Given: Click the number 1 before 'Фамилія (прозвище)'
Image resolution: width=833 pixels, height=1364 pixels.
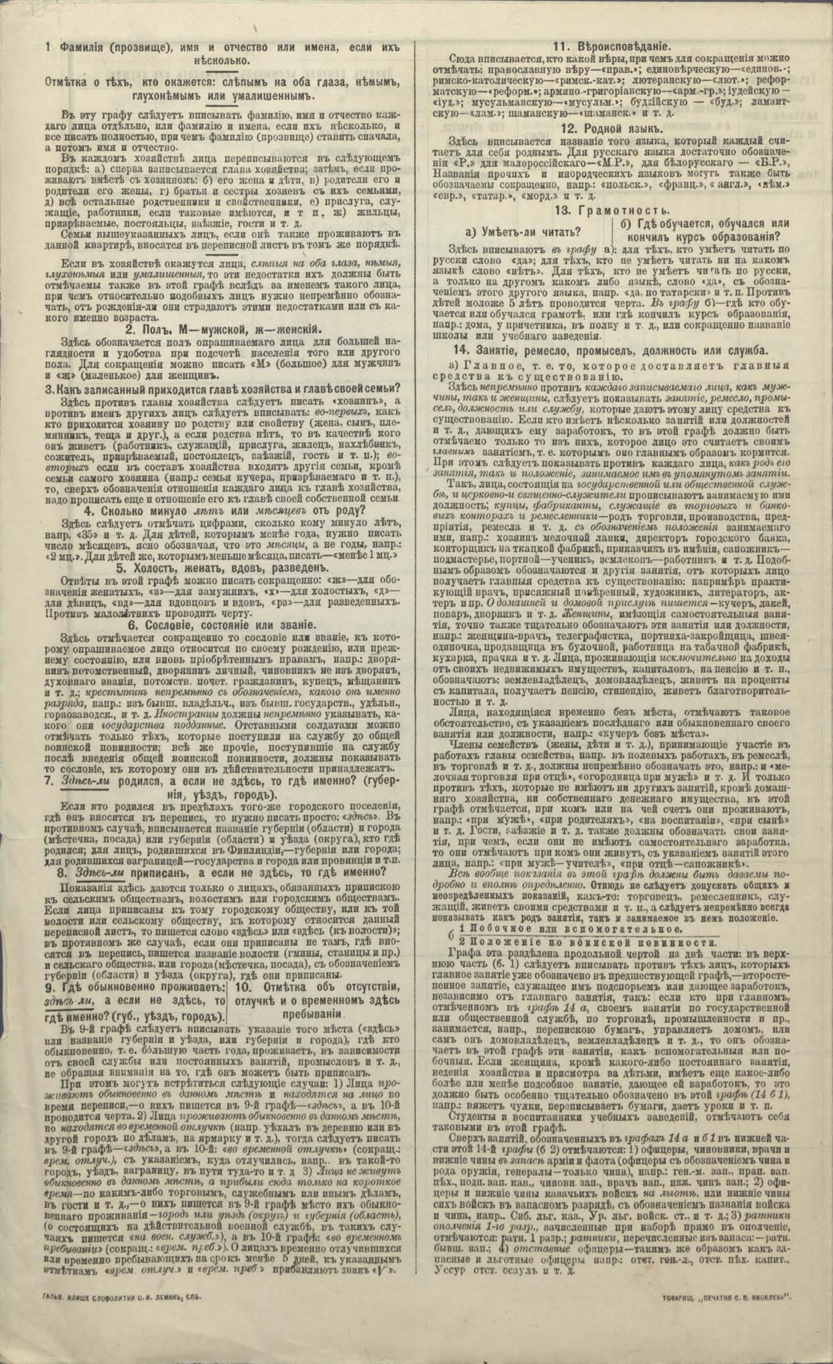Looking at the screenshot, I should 50,48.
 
